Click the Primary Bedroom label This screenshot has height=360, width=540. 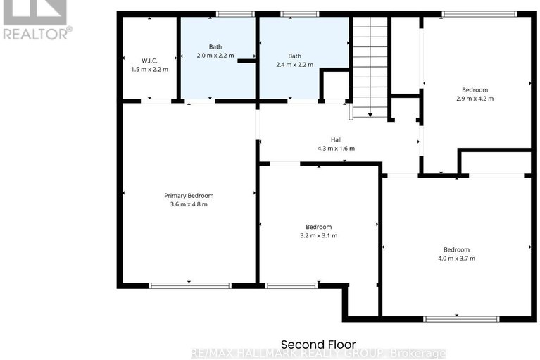(x=189, y=195)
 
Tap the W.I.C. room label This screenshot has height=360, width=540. (x=149, y=61)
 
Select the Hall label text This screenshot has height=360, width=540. (x=336, y=140)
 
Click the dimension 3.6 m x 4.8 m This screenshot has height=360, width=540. (x=189, y=204)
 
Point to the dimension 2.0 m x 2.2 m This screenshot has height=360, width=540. (x=215, y=55)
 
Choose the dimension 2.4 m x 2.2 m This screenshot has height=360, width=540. (x=294, y=64)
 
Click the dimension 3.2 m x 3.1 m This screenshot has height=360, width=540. (x=318, y=235)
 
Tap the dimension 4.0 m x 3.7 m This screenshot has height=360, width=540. (x=456, y=259)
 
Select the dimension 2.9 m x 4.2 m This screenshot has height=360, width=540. (x=475, y=99)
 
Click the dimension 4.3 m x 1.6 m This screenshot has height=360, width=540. (x=336, y=149)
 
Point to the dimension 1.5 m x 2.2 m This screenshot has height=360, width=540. (x=149, y=70)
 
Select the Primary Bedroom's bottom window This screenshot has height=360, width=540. (x=190, y=285)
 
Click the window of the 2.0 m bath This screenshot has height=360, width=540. (x=235, y=13)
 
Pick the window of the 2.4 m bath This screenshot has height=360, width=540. (x=300, y=13)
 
